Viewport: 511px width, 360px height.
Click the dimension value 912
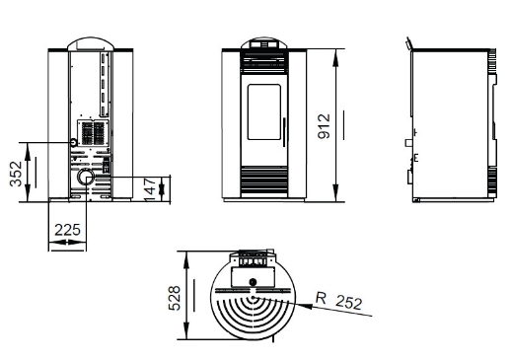324,126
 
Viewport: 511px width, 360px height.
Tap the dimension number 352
16,174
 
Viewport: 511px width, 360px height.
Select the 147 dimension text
150,190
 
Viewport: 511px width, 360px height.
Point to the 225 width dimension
67,230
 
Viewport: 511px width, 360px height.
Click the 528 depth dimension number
175,298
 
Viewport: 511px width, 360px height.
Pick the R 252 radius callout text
339,301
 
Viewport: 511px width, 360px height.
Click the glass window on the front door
264,111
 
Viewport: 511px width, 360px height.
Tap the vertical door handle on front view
284,132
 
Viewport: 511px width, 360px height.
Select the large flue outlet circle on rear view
86,177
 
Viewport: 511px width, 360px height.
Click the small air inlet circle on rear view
73,142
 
